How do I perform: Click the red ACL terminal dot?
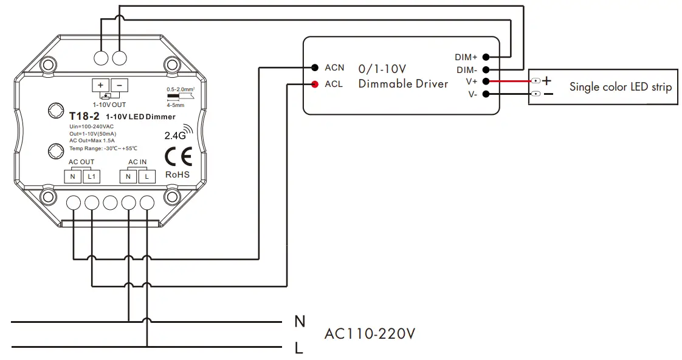[x=314, y=85]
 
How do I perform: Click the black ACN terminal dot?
[x=314, y=67]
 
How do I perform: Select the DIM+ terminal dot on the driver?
[x=486, y=57]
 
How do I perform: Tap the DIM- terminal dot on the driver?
[x=486, y=70]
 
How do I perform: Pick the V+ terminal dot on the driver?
[x=486, y=81]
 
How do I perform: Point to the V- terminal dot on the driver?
[x=486, y=94]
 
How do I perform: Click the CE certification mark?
[x=178, y=157]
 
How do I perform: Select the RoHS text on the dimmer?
[x=177, y=175]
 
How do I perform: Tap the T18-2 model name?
[x=84, y=116]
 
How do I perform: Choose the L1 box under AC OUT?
[x=92, y=176]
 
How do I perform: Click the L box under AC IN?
[x=146, y=176]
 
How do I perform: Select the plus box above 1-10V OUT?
[x=101, y=85]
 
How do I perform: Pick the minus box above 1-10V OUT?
[x=120, y=85]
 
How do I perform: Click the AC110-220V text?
[x=370, y=334]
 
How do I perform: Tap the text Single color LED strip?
[x=620, y=87]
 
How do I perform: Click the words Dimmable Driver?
[x=403, y=84]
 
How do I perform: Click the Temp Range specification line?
[x=103, y=148]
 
